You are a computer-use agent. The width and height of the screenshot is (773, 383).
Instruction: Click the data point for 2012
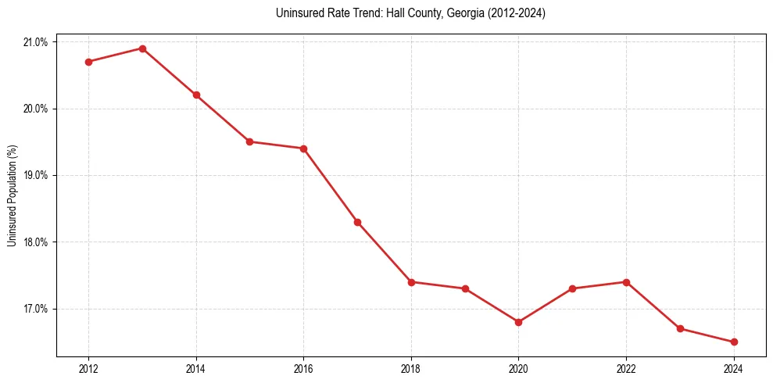[88, 62]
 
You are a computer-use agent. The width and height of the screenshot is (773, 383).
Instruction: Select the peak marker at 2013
[142, 48]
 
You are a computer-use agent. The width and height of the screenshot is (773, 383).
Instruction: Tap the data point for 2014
[196, 95]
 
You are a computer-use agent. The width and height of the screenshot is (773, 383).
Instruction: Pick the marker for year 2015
[249, 141]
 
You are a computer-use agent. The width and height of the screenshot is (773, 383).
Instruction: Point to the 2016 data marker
[303, 149]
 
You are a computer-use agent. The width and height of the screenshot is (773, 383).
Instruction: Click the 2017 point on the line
[357, 222]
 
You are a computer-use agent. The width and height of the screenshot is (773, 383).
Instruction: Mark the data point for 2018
[411, 281]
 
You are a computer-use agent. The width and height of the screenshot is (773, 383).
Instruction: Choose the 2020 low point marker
[518, 322]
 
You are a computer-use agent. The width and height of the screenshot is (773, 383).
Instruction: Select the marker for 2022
[626, 281]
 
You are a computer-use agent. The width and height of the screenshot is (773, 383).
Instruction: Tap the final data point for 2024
[734, 342]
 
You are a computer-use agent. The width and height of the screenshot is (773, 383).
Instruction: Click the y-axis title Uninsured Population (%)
[12, 195]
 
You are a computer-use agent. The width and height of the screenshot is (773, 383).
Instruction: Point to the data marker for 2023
[680, 328]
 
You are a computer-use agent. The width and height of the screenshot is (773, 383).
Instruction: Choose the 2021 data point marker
[572, 288]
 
